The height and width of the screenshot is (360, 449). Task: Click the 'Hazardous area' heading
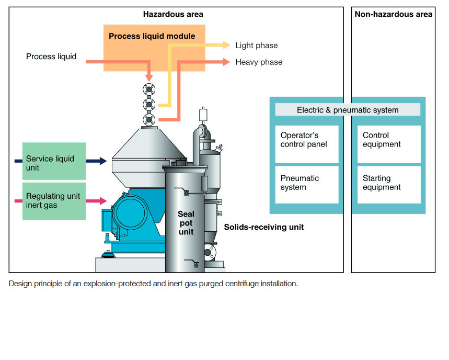(x=173, y=14)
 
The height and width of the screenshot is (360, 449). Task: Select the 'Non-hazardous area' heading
(x=393, y=14)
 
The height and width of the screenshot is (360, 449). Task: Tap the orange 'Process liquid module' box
(x=152, y=36)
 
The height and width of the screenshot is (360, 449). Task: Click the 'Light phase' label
(x=256, y=46)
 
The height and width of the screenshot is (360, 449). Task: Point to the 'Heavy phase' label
(x=259, y=62)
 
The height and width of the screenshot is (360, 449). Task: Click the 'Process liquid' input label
(x=51, y=57)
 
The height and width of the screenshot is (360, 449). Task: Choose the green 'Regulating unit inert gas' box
(x=54, y=200)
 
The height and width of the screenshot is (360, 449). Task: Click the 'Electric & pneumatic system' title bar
(x=348, y=110)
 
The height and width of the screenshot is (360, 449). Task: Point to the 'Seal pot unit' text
(x=186, y=223)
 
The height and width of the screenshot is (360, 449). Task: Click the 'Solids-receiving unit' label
(x=263, y=227)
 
